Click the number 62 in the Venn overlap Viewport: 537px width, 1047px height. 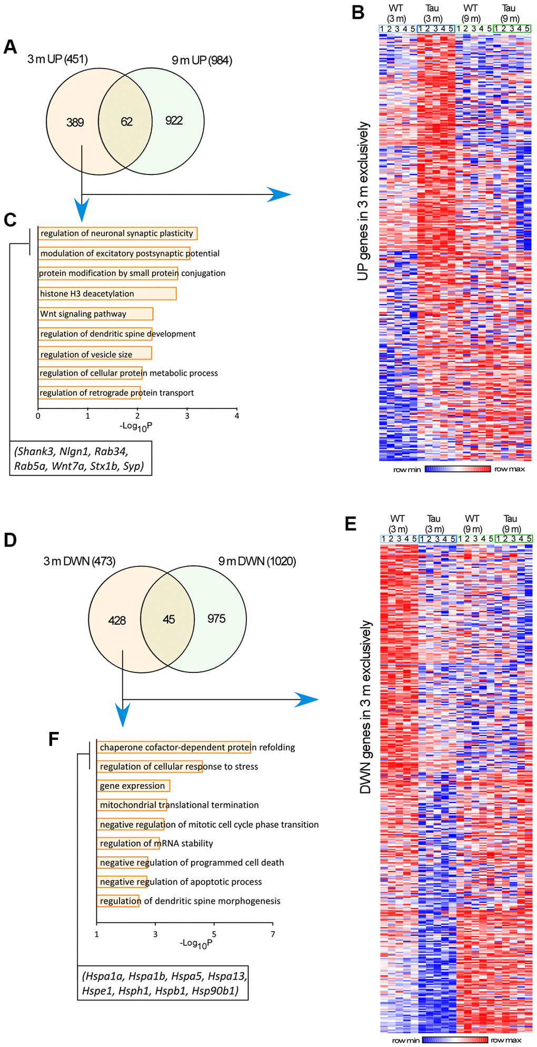[x=126, y=122]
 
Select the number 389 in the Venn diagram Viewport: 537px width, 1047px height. [x=75, y=123]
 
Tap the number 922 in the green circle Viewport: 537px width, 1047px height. [x=174, y=121]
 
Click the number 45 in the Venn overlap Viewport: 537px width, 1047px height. [x=168, y=620]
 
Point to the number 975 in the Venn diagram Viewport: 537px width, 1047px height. [x=216, y=619]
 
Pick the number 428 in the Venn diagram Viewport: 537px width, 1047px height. [x=117, y=621]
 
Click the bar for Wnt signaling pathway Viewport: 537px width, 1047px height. [x=95, y=314]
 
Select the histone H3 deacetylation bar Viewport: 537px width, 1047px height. [x=107, y=293]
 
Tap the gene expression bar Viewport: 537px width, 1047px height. [x=133, y=786]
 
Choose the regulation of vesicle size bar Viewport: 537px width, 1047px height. [x=95, y=354]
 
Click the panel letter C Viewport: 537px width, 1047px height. [x=10, y=220]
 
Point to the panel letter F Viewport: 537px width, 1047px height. [x=54, y=739]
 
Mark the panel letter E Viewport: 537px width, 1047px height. [x=350, y=524]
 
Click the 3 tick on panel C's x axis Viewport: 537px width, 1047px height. [x=187, y=416]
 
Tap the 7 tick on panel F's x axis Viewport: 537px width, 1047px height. [x=273, y=934]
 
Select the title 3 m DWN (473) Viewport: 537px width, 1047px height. [x=79, y=561]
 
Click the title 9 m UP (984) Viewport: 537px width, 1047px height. [x=202, y=60]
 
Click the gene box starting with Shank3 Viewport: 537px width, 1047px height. [x=81, y=458]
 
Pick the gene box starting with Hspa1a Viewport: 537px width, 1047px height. [x=164, y=983]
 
